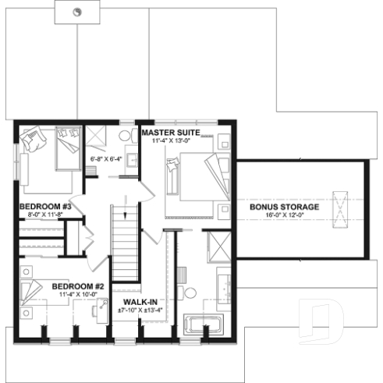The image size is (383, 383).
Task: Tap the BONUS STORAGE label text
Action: click(x=284, y=207)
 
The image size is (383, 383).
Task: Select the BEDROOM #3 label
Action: click(x=46, y=207)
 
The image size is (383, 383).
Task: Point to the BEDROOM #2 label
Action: click(x=78, y=286)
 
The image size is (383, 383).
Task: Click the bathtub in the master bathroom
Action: click(x=202, y=322)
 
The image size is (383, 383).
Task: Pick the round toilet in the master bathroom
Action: click(x=189, y=293)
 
